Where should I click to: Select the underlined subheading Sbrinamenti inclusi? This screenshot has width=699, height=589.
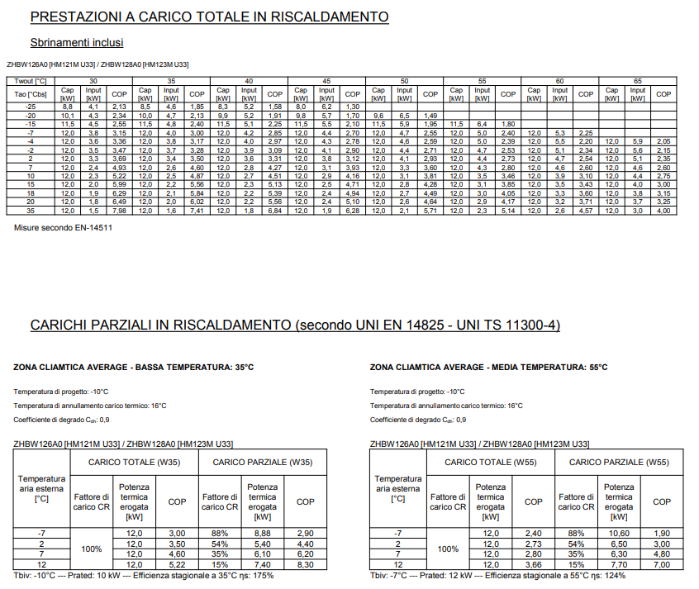pos(77,42)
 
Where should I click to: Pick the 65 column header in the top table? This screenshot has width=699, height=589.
pos(637,81)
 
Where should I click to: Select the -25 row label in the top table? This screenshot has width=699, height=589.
pos(31,107)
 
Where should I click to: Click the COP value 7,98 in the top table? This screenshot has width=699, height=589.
pos(119,211)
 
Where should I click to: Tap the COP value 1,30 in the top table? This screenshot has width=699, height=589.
pos(352,107)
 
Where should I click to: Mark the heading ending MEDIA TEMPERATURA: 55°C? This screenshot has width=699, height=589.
pos(488,367)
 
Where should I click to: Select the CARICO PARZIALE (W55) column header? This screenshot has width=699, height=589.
pos(619,463)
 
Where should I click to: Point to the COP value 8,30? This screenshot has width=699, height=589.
pos(305,563)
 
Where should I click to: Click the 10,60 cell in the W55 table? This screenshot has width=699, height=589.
pos(619,534)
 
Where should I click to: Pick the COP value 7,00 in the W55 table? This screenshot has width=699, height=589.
pos(662,563)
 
